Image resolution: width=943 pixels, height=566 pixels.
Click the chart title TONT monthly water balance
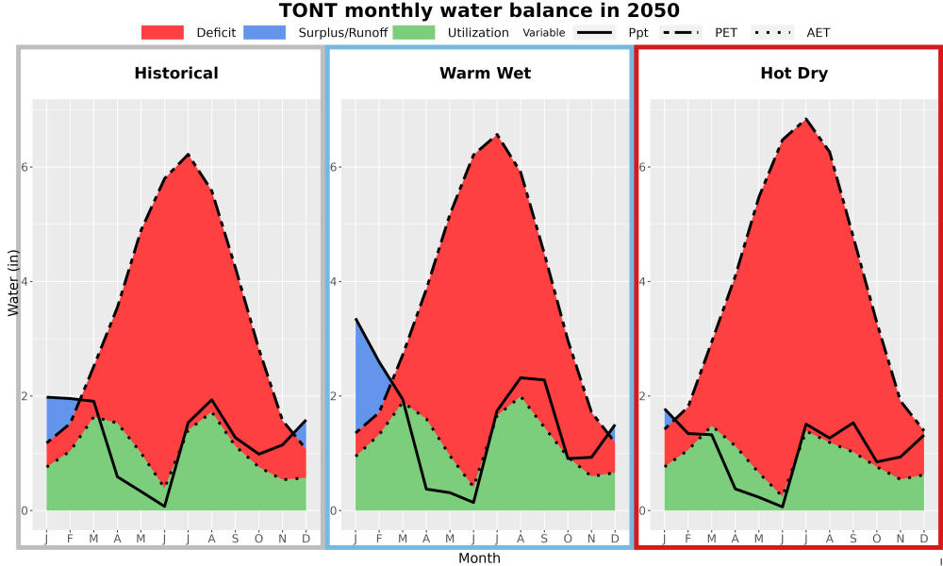click(479, 10)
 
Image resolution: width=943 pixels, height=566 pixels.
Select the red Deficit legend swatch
click(162, 32)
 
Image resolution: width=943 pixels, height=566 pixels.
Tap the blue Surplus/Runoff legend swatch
click(265, 32)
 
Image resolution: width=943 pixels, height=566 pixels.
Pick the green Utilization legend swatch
click(414, 32)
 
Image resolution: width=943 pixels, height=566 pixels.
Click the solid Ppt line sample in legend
click(594, 32)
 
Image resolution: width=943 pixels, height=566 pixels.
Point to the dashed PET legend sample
click(681, 32)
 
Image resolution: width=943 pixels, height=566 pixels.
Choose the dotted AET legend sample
click(772, 32)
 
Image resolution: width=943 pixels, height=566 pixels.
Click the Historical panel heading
click(176, 74)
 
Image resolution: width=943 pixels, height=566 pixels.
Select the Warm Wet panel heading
click(486, 74)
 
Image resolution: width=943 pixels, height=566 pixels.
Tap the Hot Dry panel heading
click(794, 74)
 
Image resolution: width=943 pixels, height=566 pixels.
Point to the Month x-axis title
click(479, 558)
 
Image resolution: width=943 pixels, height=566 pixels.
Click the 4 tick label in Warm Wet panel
click(333, 281)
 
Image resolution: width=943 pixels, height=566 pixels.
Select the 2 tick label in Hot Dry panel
click(641, 396)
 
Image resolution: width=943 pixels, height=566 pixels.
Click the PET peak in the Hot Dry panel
click(806, 119)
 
